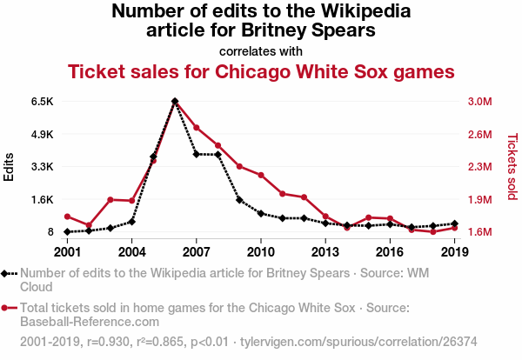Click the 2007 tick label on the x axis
click(x=196, y=251)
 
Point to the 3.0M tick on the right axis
click(x=480, y=102)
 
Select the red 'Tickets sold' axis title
click(x=512, y=166)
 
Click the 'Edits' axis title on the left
click(x=10, y=166)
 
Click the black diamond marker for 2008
click(x=217, y=155)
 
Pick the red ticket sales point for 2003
click(x=110, y=200)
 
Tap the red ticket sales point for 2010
click(x=261, y=176)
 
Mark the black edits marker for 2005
click(x=153, y=157)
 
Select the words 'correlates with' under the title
click(x=261, y=50)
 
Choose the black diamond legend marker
click(x=7, y=273)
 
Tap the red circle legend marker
click(x=7, y=308)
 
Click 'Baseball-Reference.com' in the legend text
click(x=90, y=322)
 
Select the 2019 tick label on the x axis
click(x=455, y=251)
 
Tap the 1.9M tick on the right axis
click(x=480, y=199)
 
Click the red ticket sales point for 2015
click(x=369, y=217)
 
